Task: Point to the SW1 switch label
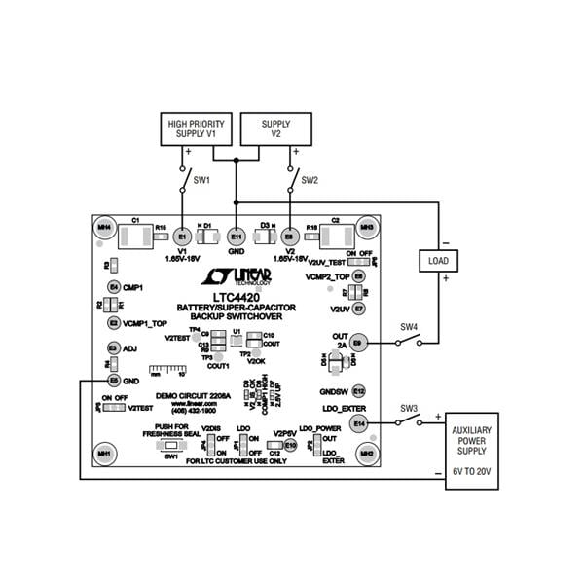pyautogui.click(x=202, y=181)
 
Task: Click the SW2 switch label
pyautogui.click(x=310, y=181)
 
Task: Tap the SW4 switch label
pyautogui.click(x=409, y=327)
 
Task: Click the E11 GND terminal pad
pyautogui.click(x=236, y=236)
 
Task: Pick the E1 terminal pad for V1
pyautogui.click(x=181, y=236)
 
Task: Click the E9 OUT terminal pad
pyautogui.click(x=358, y=343)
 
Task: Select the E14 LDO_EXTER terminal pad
pyautogui.click(x=359, y=422)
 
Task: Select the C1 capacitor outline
pyautogui.click(x=130, y=235)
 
